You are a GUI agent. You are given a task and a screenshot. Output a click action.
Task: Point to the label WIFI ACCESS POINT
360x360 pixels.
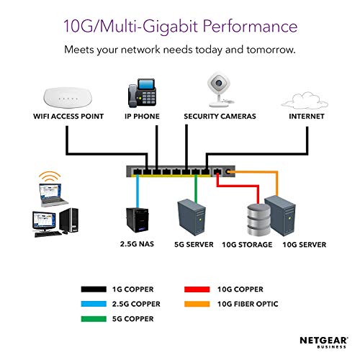tap(68, 116)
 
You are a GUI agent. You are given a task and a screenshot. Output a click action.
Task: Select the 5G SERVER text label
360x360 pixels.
tap(194, 245)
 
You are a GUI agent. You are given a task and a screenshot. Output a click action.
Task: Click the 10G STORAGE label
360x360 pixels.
tap(248, 245)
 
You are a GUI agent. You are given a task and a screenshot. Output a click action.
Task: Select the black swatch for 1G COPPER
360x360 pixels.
tap(95, 290)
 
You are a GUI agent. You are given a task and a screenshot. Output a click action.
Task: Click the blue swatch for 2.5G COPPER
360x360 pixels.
tap(95, 304)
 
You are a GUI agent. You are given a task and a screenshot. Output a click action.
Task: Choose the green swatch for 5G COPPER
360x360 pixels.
tap(95, 318)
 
